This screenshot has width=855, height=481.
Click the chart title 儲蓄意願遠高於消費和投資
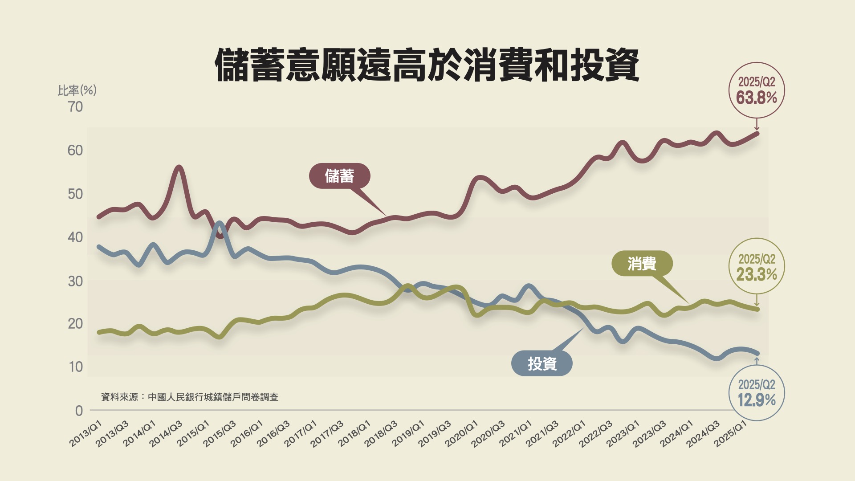427,66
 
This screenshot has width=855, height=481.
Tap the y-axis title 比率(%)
77,90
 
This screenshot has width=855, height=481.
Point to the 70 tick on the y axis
76,107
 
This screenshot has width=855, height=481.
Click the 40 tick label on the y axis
75,237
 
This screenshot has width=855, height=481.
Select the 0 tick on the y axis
79,411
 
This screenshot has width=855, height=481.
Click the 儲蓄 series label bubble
339,176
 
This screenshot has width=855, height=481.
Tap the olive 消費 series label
642,264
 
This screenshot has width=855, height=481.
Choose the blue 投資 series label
542,364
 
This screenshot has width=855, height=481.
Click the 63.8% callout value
756,98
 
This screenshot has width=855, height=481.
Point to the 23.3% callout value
756,274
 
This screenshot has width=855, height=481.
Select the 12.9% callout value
756,400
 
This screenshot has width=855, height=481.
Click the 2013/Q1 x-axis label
86,433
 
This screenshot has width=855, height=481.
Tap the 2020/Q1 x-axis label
462,433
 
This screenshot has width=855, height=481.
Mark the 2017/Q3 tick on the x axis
327,433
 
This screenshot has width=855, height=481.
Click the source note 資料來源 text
190,397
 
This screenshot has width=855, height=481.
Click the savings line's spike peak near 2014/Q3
179,168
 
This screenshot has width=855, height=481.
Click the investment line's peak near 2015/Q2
219,223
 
